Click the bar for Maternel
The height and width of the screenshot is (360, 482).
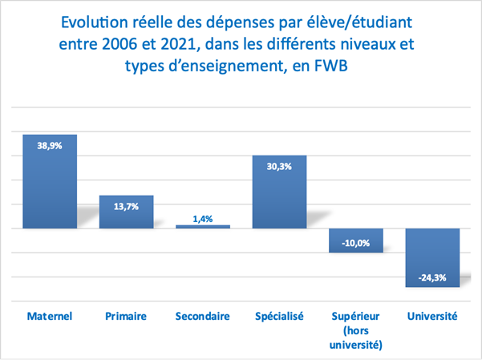pyautogui.click(x=49, y=181)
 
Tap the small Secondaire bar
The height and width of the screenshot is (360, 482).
pyautogui.click(x=203, y=226)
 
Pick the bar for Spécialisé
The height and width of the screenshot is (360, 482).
pyautogui.click(x=279, y=192)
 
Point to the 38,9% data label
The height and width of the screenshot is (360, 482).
pyautogui.click(x=49, y=147)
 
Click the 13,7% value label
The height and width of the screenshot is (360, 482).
pyautogui.click(x=126, y=207)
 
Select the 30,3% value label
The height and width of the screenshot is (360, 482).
pyautogui.click(x=279, y=167)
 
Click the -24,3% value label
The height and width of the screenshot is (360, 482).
pyautogui.click(x=432, y=278)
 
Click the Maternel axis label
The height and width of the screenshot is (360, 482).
pyautogui.click(x=50, y=317)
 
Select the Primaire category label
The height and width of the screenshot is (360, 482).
pyautogui.click(x=126, y=317)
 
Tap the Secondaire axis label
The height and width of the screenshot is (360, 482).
pyautogui.click(x=203, y=317)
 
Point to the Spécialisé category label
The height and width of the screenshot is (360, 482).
pyautogui.click(x=279, y=317)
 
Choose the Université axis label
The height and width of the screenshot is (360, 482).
pyautogui.click(x=432, y=317)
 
